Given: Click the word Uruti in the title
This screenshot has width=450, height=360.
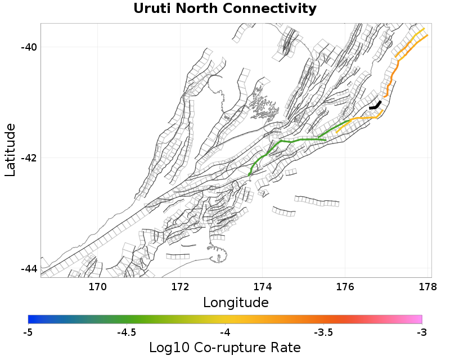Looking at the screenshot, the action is (152, 8).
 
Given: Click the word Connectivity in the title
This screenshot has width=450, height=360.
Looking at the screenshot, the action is (269, 9).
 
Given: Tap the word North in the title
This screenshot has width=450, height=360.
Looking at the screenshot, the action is (196, 8).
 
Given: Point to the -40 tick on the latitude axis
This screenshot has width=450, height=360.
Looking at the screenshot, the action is (29, 47).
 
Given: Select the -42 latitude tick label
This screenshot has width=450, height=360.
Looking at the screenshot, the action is (29, 157).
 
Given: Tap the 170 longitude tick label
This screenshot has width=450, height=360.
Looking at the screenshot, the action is (97, 286).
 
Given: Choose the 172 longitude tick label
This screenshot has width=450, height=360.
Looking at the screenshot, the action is (180, 286).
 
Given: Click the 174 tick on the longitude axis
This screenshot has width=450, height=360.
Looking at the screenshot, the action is (263, 286).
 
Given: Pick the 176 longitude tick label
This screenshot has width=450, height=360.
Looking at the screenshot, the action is (345, 286).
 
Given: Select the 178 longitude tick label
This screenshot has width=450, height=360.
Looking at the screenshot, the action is (427, 286).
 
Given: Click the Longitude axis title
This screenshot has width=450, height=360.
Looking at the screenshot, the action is (236, 303).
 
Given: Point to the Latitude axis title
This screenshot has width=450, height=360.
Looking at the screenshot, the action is (10, 150).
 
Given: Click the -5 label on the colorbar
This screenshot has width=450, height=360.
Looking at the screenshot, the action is (28, 332).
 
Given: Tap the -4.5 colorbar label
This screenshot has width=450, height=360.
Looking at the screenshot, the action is (127, 332).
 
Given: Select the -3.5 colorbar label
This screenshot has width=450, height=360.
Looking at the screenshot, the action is (323, 332).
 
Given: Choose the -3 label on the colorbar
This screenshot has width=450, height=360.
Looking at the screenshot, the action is (422, 332).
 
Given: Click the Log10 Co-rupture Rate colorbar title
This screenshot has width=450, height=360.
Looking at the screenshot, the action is (225, 348).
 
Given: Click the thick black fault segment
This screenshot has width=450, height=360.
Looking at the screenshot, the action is (375, 105).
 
